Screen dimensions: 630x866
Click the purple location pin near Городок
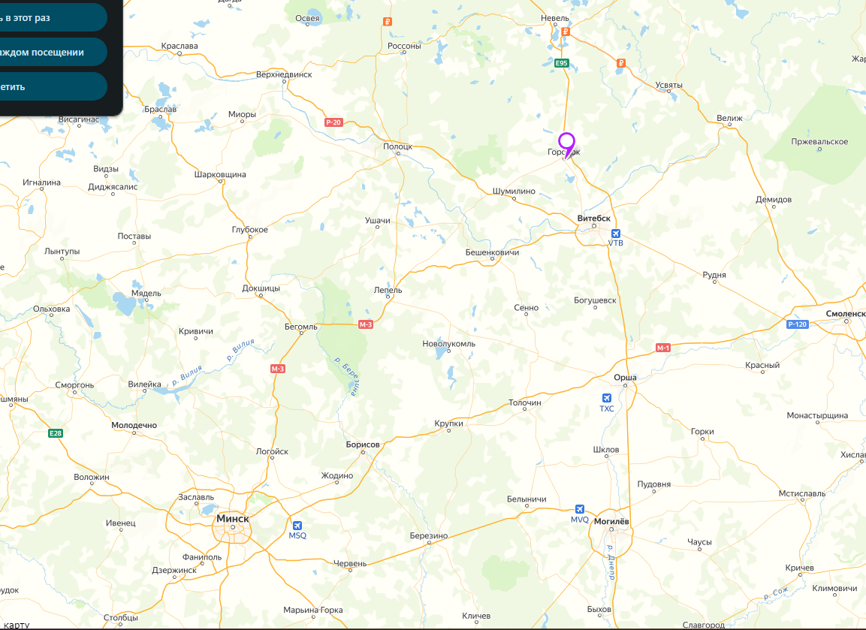coord(566,142)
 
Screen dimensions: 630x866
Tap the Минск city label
coord(232,518)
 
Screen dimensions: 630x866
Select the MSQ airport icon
coord(298,526)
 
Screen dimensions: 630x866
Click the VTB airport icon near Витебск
coord(616,234)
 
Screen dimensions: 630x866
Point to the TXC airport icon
coord(607,398)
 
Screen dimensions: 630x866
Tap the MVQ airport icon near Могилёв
coord(579,509)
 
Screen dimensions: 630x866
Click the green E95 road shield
coord(562,63)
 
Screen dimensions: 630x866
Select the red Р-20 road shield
coord(333,122)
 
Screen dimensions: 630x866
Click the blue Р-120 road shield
coord(797,324)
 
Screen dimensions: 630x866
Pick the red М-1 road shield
coord(662,348)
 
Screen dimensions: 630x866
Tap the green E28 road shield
coord(55,433)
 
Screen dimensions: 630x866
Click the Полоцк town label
coord(397,146)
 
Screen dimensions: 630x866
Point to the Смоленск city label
coord(845,312)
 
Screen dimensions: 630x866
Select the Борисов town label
coord(363,445)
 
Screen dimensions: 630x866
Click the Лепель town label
coord(388,290)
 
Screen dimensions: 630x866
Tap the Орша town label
coord(625,377)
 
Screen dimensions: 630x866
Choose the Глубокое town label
coord(250,230)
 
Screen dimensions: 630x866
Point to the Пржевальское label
coord(819,142)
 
